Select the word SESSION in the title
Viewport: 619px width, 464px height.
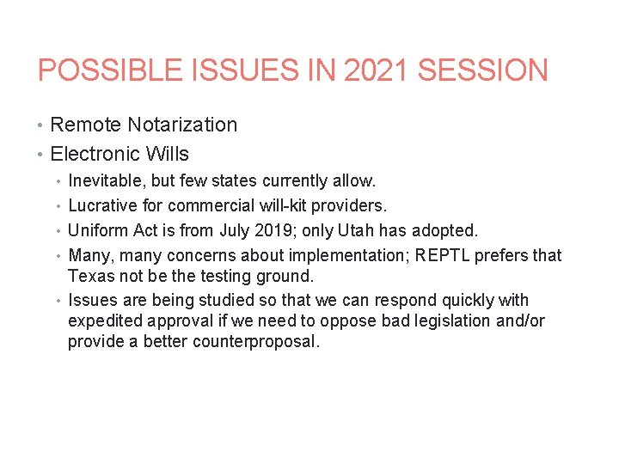(x=487, y=70)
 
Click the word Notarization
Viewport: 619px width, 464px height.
(x=182, y=125)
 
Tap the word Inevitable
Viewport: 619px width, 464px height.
(x=105, y=181)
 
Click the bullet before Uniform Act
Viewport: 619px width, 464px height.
(x=58, y=231)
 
